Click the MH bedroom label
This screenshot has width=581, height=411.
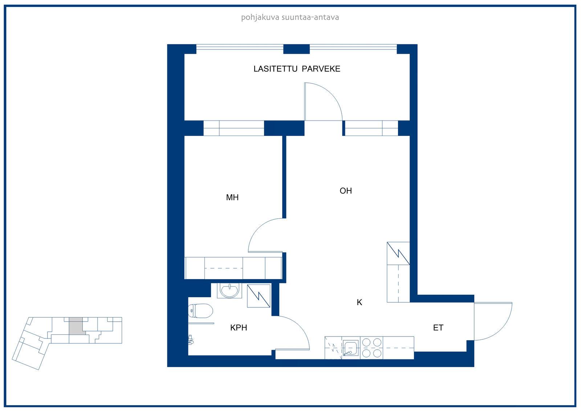click(232, 198)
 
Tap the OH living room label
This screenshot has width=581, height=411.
click(346, 191)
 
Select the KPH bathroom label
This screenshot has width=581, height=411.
click(239, 328)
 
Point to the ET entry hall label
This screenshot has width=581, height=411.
click(438, 328)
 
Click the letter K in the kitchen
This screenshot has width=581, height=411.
click(359, 302)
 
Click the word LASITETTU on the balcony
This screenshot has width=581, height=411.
click(276, 69)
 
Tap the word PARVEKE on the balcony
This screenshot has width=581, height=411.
click(321, 69)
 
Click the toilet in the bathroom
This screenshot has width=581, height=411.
click(200, 311)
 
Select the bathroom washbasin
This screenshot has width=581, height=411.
click(229, 290)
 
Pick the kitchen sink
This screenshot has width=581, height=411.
click(351, 348)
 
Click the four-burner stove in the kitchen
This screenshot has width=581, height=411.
click(372, 348)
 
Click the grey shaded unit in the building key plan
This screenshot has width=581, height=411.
click(76, 326)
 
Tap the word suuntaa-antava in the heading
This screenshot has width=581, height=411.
click(310, 17)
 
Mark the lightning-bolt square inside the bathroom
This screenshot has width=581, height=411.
click(259, 296)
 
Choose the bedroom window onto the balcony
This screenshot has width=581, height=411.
click(234, 128)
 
